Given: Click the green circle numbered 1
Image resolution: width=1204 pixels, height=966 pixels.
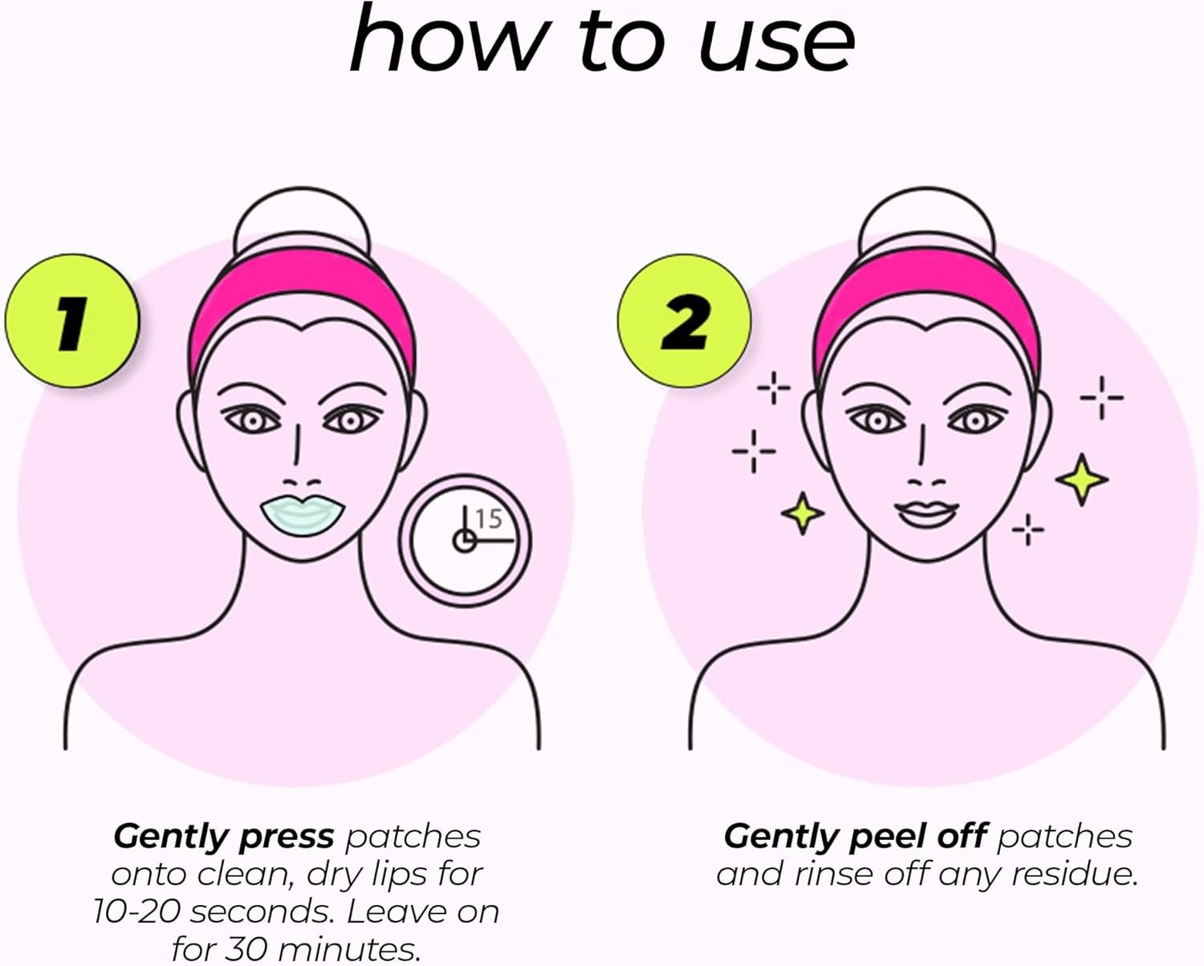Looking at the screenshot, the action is [x=71, y=321].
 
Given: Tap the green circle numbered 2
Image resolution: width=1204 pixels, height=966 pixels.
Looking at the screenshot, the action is [x=684, y=321].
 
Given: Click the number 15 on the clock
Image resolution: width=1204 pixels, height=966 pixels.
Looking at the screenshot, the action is [x=489, y=519].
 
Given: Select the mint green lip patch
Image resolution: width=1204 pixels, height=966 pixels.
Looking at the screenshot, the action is [x=303, y=514].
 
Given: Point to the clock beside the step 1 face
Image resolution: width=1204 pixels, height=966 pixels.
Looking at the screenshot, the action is [x=465, y=540].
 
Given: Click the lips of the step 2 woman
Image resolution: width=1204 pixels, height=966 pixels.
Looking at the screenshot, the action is [x=926, y=513].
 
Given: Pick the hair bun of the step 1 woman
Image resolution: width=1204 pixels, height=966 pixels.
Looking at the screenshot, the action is [x=302, y=221].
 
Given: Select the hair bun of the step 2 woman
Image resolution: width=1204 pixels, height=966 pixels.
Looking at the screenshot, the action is [x=926, y=221].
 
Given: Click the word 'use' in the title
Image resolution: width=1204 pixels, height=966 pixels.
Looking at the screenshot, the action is [x=777, y=43].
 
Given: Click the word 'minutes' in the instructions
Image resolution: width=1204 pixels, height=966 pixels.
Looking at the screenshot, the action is [x=349, y=949].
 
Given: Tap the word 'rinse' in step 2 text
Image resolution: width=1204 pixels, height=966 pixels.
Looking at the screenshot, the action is [x=833, y=875].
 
